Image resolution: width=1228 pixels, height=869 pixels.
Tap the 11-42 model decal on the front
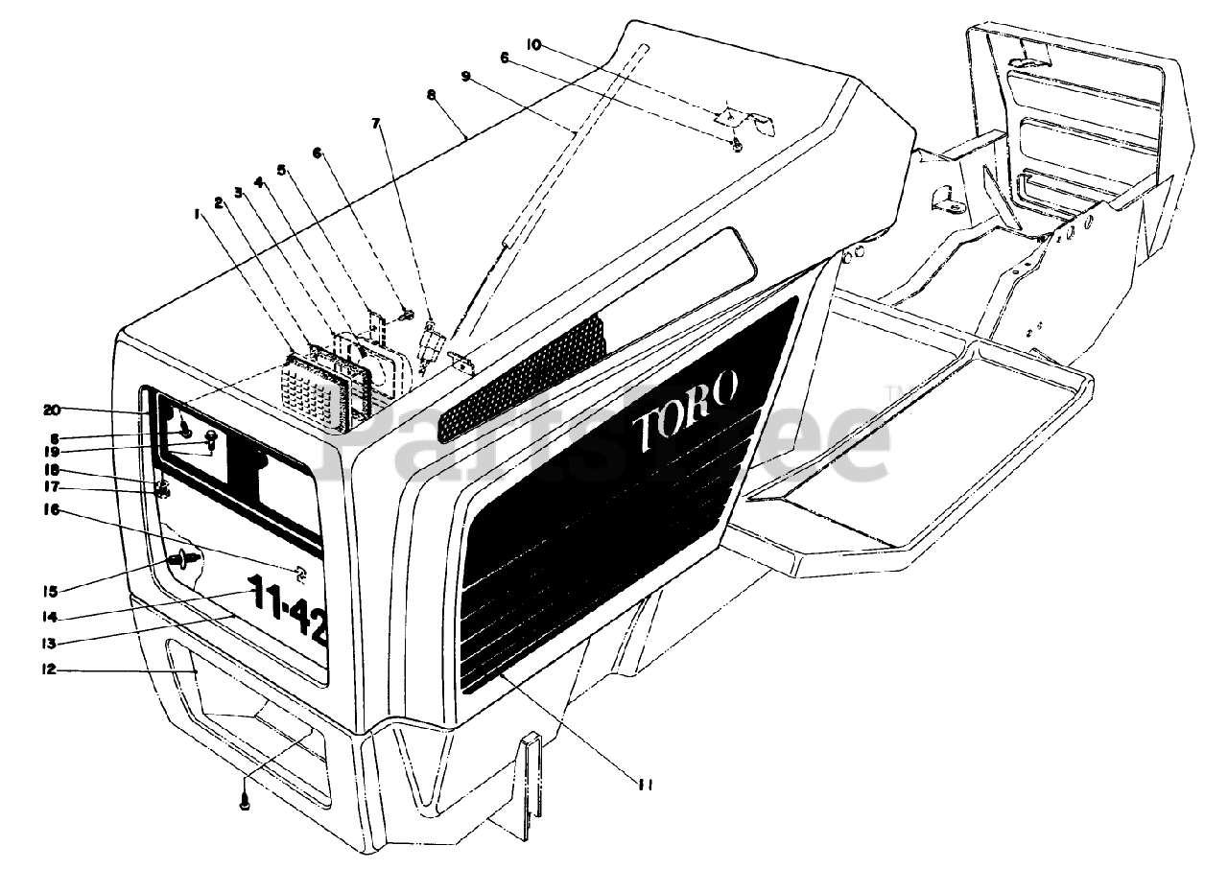(288, 609)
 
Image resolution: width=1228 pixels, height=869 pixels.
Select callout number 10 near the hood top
(534, 43)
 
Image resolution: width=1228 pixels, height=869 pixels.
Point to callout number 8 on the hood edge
(431, 95)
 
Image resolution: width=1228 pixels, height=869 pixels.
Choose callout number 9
(466, 75)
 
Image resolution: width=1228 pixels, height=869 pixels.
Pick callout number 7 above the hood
(375, 124)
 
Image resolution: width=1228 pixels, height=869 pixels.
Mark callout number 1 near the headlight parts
(197, 216)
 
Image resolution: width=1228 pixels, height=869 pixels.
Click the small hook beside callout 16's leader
(299, 574)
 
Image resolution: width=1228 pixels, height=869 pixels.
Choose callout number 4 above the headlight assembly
(258, 181)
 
